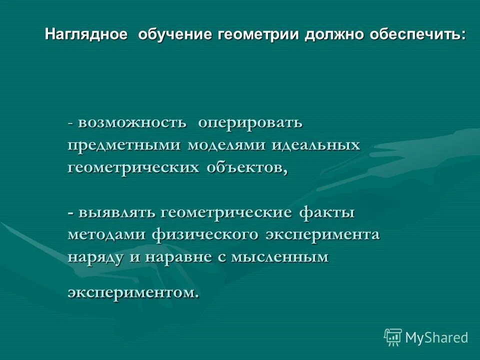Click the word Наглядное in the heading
pyautogui.click(x=85, y=35)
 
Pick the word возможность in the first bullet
pyautogui.click(x=132, y=122)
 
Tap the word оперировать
pyautogui.click(x=250, y=122)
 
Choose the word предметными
pyautogui.click(x=125, y=145)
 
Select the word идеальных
pyautogui.click(x=316, y=145)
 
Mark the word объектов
pyautogui.click(x=245, y=168)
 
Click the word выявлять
pyautogui.click(x=117, y=212)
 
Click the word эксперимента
pyautogui.click(x=322, y=235)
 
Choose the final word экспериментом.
pyautogui.click(x=132, y=292)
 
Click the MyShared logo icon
pyautogui.click(x=393, y=337)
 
